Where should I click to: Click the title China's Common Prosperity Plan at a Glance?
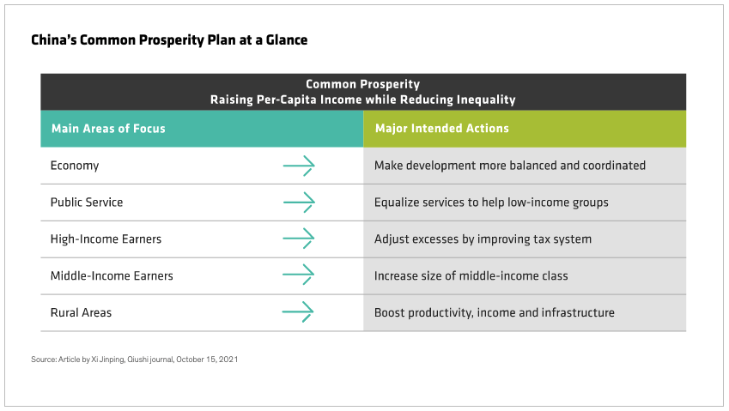coord(169,40)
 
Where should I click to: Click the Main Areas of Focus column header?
coord(108,129)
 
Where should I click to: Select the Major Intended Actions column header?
coord(441,129)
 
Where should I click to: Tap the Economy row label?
coord(75,166)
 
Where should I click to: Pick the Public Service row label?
coord(87,202)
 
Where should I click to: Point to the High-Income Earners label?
coord(106,239)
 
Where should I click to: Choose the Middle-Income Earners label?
coord(112,275)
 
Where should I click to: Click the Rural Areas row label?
coord(81,312)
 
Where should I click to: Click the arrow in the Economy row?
coord(299,166)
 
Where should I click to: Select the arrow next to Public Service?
coord(299,202)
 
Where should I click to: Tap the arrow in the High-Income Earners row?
coord(299,239)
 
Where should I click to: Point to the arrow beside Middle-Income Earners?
coord(299,275)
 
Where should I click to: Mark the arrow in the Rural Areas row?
coord(298,311)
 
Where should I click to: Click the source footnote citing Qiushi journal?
coord(134,360)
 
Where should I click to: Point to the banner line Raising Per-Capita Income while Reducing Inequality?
coord(362,100)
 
